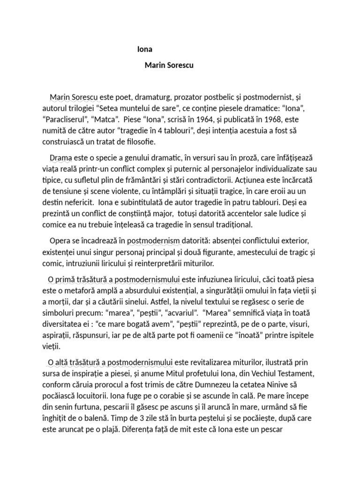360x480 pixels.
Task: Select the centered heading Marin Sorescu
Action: pos(169,65)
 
